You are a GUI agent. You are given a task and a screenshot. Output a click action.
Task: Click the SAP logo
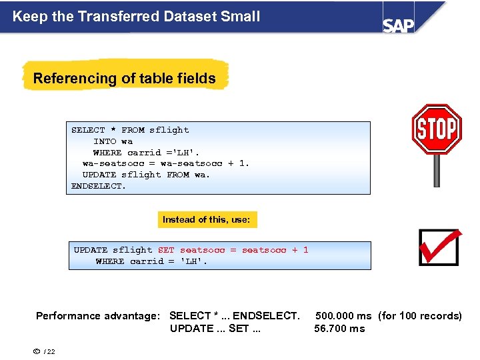click(399, 25)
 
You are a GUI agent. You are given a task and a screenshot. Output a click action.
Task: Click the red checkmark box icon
click(439, 247)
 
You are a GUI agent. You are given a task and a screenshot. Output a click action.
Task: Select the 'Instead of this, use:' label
click(207, 219)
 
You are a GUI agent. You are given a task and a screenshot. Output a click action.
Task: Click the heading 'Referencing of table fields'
click(125, 79)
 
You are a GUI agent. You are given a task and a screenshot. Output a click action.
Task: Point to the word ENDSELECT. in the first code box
click(99, 186)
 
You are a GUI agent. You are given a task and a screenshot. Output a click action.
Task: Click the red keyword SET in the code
click(166, 250)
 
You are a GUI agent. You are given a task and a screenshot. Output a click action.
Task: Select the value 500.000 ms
click(343, 316)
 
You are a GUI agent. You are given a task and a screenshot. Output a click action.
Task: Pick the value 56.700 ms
click(339, 329)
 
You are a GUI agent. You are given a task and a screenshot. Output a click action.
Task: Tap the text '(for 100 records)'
click(420, 316)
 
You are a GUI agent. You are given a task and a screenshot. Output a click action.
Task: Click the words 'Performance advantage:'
click(98, 316)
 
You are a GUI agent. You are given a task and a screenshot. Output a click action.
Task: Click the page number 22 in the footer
click(51, 352)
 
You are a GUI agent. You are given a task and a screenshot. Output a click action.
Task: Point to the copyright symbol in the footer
click(38, 351)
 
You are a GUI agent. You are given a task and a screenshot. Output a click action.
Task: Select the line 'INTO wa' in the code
click(113, 141)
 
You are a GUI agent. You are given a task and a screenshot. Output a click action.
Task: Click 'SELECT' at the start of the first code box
click(89, 130)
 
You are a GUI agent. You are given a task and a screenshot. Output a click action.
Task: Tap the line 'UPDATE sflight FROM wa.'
click(146, 175)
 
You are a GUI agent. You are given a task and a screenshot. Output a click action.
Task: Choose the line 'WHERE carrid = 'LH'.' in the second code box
click(151, 261)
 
